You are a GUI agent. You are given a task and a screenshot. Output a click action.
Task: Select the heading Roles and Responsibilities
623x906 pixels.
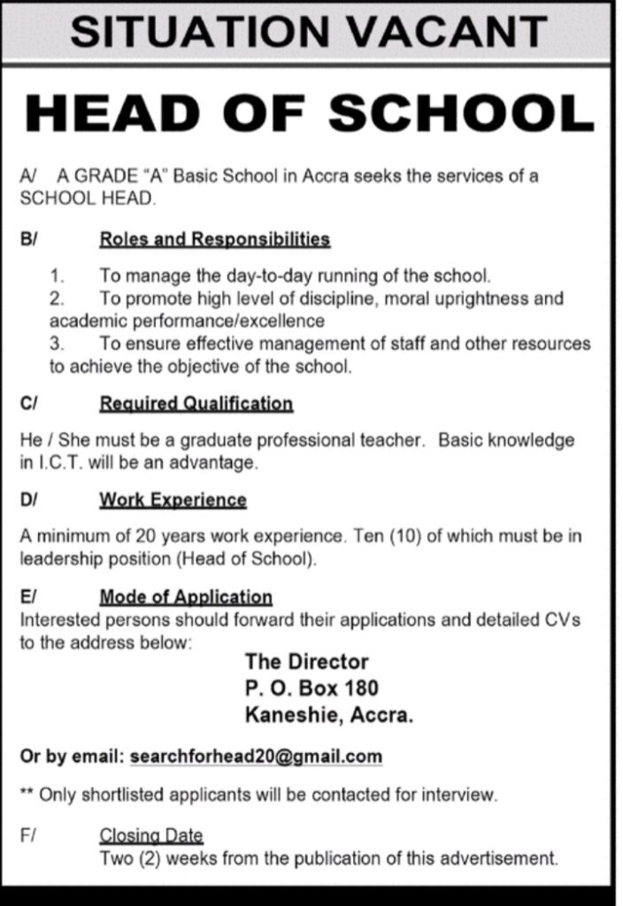coord(215,239)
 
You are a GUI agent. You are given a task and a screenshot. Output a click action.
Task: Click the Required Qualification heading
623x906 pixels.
coord(196,404)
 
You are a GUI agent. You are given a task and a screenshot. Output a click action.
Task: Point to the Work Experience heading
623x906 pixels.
coord(173,500)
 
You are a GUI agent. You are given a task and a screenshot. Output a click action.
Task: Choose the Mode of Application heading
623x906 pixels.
coord(186,597)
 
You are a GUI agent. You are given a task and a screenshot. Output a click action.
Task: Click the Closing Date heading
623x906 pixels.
coord(151,835)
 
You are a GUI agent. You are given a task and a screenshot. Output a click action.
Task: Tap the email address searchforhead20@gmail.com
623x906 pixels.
coord(256,756)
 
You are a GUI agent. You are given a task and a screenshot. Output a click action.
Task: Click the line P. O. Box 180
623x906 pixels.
coord(311,688)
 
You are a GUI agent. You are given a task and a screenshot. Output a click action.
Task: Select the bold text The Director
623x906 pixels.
coord(306,662)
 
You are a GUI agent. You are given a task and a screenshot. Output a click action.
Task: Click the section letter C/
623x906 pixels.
coord(28,404)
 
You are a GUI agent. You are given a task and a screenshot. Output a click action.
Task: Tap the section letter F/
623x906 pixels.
coord(27,835)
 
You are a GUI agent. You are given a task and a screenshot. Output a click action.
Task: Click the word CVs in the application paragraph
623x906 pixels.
coord(562,620)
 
